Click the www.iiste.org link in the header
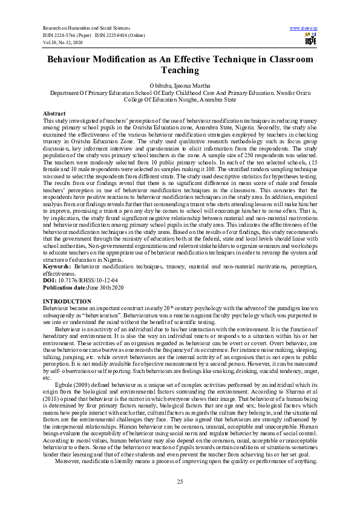pos(305,28)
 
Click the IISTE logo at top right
pos(310,38)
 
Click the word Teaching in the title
pos(180,70)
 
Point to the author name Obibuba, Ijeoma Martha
pos(180,85)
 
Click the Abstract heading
pos(54,114)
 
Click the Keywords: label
pos(57,265)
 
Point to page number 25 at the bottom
pos(180,481)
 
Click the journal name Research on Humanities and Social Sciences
pos(85,28)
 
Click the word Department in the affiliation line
pos(67,94)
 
